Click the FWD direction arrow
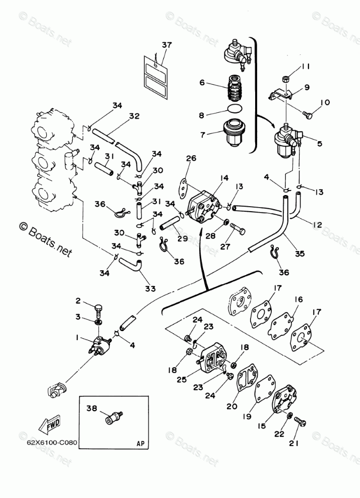(x=49, y=424)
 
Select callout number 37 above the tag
(x=166, y=45)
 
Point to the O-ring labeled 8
(x=235, y=109)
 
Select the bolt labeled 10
(x=308, y=114)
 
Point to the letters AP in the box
(x=140, y=444)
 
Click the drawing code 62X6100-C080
(x=52, y=443)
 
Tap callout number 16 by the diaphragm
(x=298, y=299)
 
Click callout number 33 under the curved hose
(x=150, y=288)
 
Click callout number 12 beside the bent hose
(x=317, y=224)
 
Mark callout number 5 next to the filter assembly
(x=319, y=144)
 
